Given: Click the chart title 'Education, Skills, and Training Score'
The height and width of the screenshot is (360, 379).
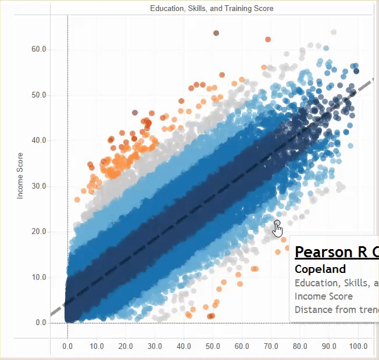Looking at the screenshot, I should click(212, 9).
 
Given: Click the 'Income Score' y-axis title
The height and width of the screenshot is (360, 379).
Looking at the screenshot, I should click(20, 176).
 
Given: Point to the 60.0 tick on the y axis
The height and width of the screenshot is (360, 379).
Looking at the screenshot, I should click(39, 49).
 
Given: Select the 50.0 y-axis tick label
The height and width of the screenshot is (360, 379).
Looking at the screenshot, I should click(39, 95).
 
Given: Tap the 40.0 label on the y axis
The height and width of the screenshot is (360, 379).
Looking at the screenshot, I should click(39, 141).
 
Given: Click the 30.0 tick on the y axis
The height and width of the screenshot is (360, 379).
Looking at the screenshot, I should click(39, 186).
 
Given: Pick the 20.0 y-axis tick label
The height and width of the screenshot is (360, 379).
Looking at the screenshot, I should click(39, 232).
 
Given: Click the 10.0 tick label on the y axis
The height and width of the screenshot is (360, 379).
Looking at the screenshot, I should click(39, 278).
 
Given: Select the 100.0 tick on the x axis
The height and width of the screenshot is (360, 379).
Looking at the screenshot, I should click(357, 347).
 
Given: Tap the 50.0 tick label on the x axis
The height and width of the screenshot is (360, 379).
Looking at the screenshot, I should click(213, 347).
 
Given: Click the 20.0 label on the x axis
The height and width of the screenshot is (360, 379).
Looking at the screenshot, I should click(126, 347).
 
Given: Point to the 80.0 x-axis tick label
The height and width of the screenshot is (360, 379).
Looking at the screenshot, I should click(300, 347).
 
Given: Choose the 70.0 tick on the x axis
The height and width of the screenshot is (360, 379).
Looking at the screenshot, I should click(271, 347).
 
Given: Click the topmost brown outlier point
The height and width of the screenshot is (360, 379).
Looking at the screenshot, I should click(216, 33).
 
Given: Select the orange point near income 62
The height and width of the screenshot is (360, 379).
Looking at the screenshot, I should click(268, 39).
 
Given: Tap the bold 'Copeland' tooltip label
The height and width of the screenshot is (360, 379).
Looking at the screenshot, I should click(320, 269).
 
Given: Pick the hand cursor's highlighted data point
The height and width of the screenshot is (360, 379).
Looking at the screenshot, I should click(277, 223).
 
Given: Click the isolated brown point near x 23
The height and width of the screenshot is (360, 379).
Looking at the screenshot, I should click(135, 113).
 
